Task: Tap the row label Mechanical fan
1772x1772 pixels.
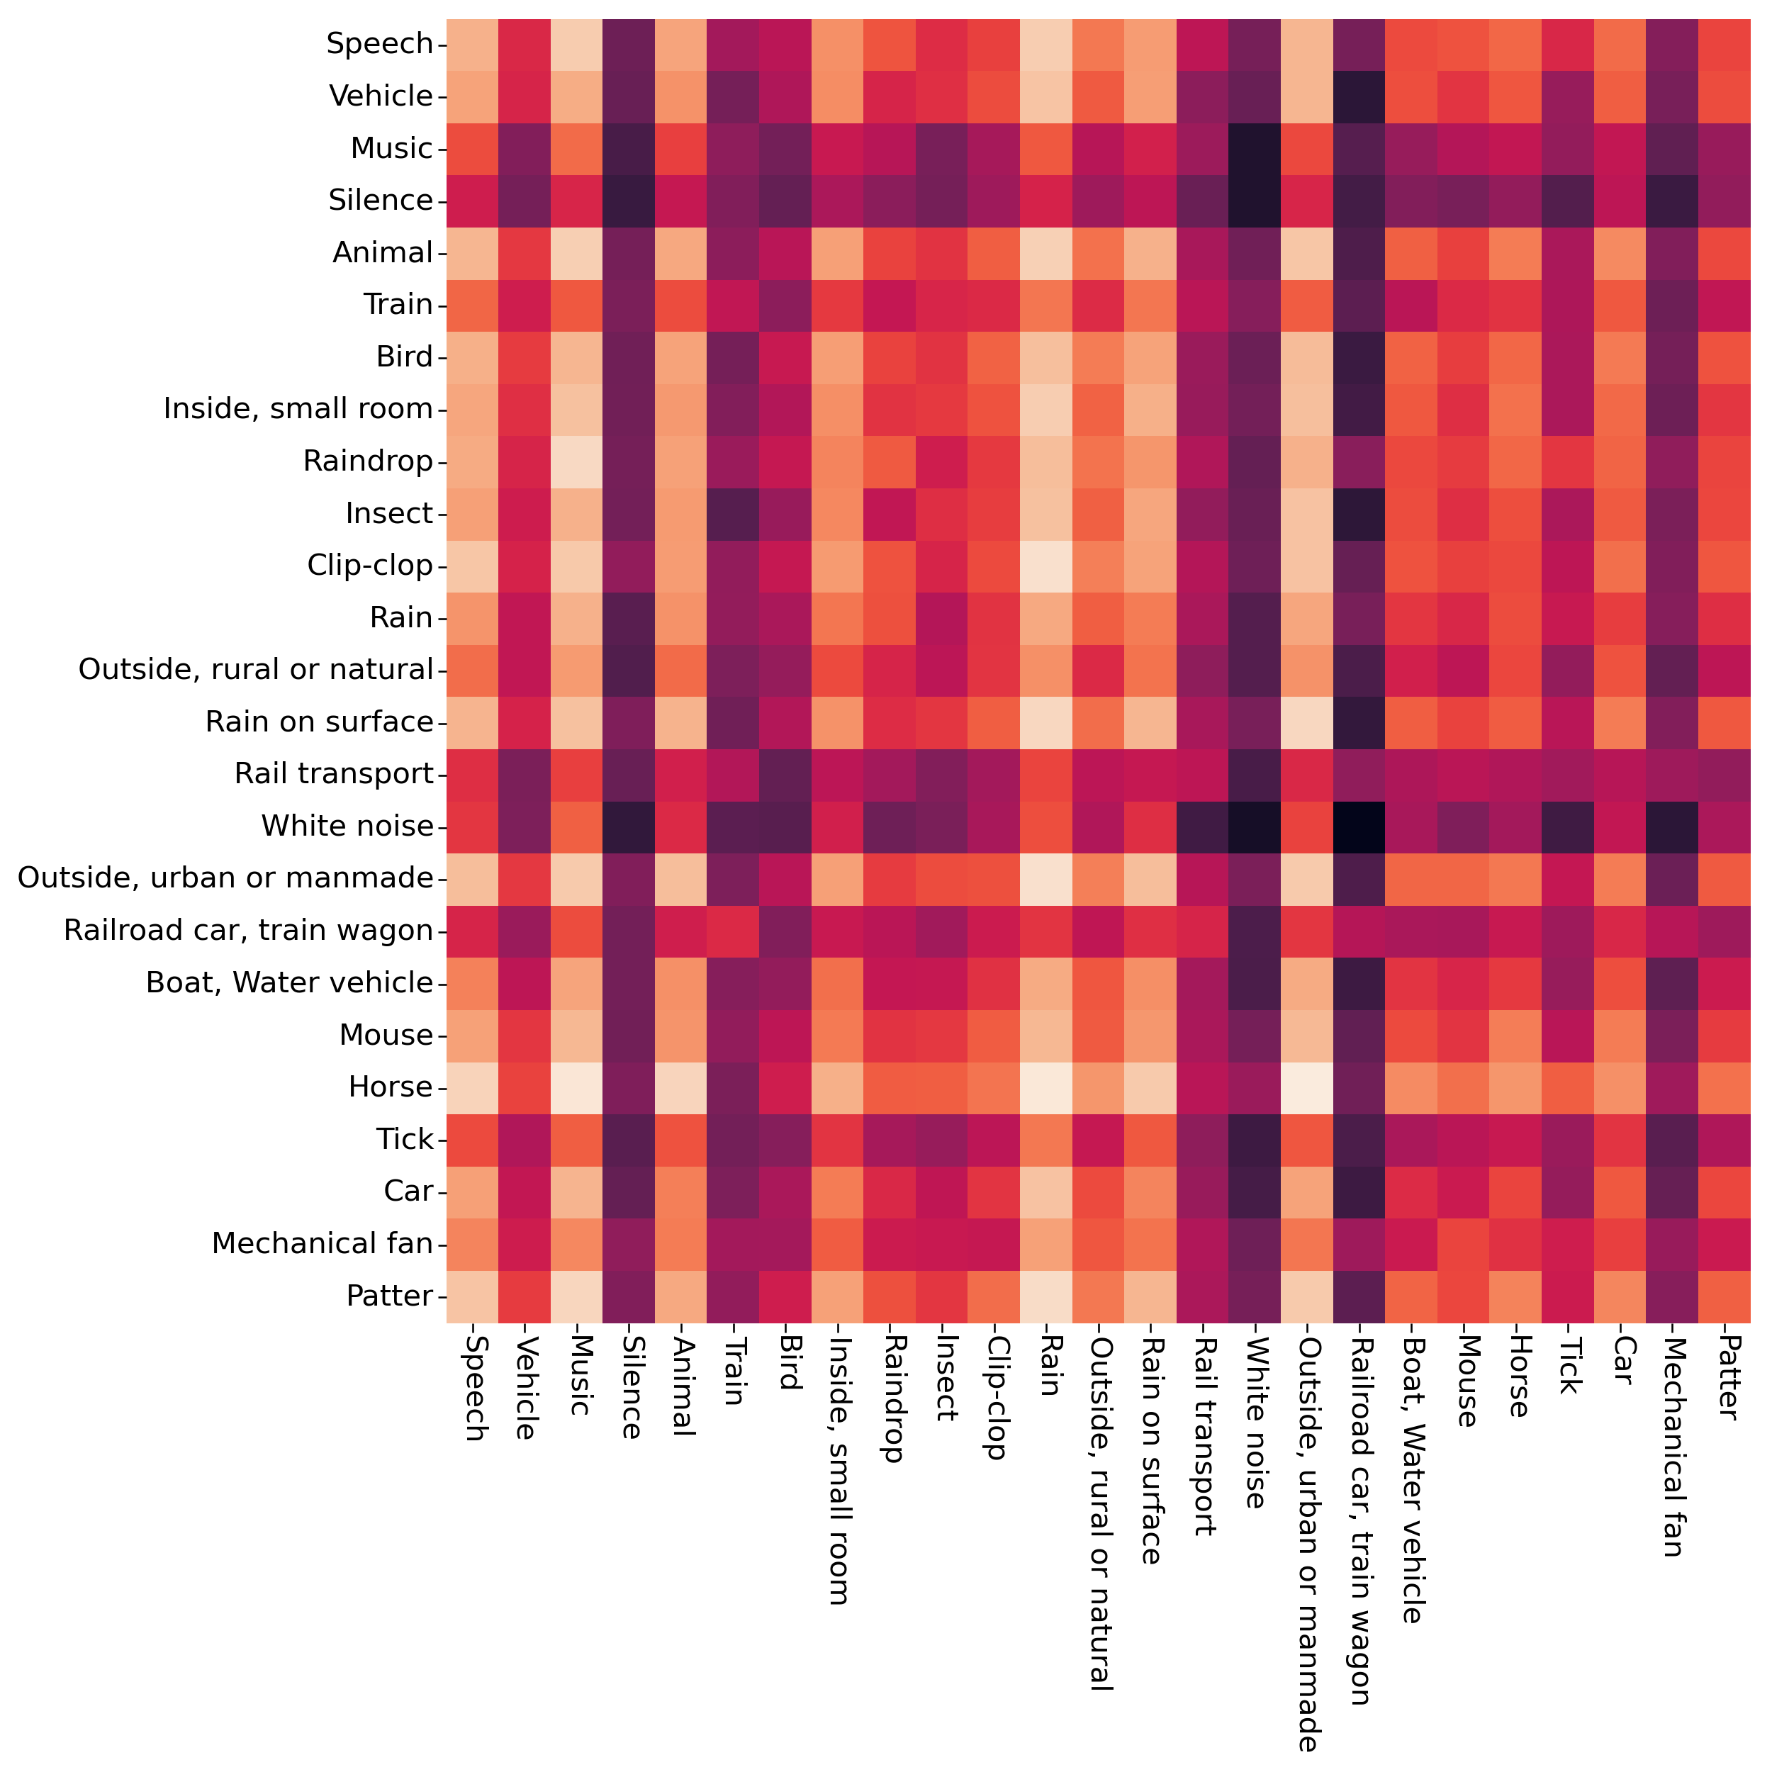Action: [322, 1244]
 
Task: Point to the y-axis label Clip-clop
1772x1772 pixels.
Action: [369, 566]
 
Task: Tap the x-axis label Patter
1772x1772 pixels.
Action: [1725, 1376]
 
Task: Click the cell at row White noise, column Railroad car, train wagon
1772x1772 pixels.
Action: [1360, 826]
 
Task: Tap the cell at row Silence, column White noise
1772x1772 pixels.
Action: [1255, 200]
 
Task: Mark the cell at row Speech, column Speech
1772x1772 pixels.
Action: [472, 44]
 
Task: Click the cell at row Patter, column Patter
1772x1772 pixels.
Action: [1725, 1296]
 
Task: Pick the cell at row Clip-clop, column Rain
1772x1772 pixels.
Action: [1046, 566]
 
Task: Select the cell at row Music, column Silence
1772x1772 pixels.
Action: [629, 149]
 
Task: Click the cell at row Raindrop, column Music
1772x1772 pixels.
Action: [577, 461]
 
